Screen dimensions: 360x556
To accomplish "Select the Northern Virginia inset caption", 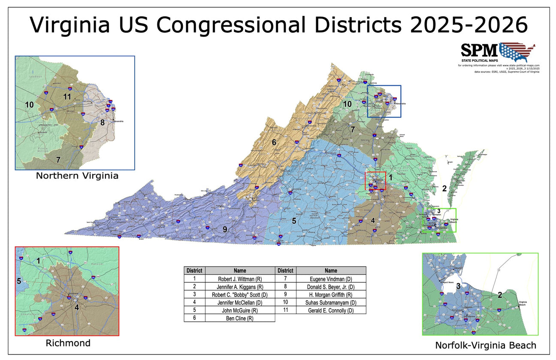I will point(77,176).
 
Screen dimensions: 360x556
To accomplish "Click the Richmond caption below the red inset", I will point(68,343).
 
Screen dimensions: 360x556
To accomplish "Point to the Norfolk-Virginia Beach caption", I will point(485,345).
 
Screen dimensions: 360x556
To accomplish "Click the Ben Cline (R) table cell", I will point(240,318).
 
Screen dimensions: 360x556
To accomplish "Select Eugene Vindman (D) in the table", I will point(331,278).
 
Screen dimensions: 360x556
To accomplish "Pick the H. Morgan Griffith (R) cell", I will point(331,294).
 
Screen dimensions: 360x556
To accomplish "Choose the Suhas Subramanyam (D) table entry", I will point(331,302).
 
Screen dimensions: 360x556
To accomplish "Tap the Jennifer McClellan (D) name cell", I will point(240,302).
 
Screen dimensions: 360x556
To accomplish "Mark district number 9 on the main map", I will point(225,230).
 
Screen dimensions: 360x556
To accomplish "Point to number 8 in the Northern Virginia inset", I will point(102,122).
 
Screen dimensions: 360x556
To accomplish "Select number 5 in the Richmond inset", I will point(19,281).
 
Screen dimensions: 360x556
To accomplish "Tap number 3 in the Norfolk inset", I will point(458,286).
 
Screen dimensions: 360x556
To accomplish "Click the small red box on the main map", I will point(375,181).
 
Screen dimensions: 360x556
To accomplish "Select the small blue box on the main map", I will point(384,101).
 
